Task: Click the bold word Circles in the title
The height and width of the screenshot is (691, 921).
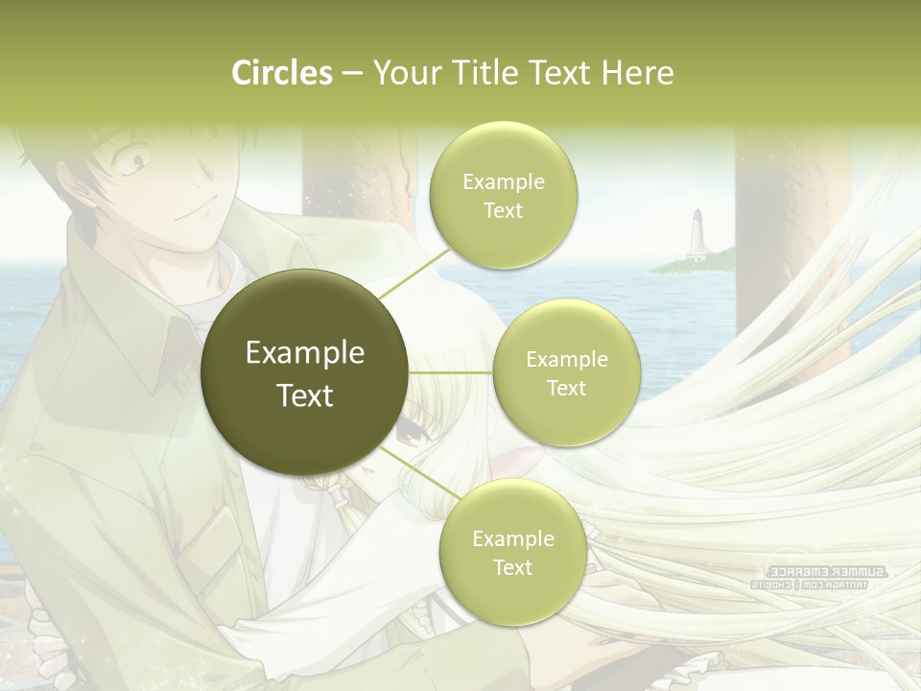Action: [281, 73]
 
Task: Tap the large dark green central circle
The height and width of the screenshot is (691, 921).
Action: [305, 372]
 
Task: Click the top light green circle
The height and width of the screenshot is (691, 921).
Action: [503, 196]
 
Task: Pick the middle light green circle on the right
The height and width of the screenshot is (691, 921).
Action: [566, 372]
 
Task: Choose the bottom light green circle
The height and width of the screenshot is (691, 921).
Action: [512, 552]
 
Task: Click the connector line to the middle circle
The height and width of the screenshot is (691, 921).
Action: [451, 372]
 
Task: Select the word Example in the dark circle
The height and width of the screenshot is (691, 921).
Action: [305, 353]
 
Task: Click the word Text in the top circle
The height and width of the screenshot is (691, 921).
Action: [503, 211]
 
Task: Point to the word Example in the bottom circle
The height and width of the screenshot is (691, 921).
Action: [512, 538]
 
